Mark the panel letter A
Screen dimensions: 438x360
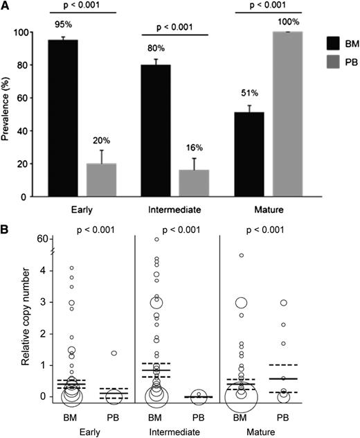6,6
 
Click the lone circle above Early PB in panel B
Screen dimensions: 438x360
114,353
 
